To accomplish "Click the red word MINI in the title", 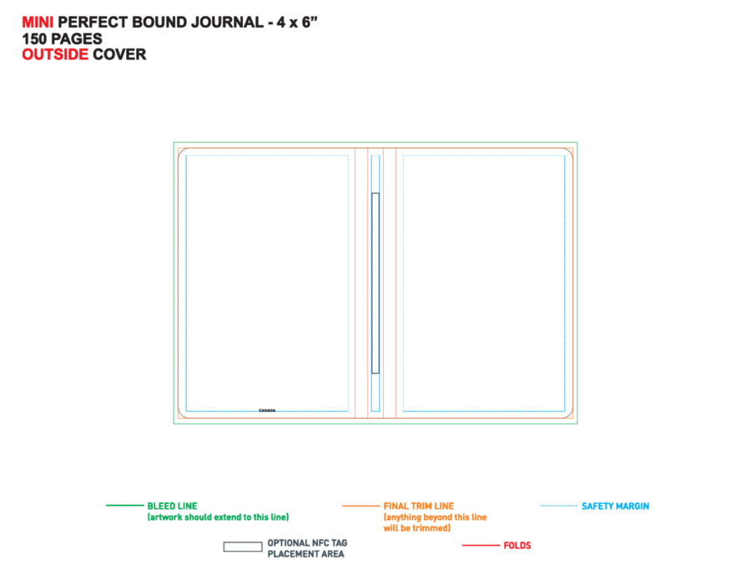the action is point(38,23).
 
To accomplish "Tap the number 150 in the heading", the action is point(34,38).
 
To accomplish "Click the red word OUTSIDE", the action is point(55,54).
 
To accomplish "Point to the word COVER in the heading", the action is point(119,54).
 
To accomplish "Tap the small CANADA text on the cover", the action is point(267,410).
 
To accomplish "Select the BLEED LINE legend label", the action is point(173,506).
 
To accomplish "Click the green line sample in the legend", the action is point(124,505).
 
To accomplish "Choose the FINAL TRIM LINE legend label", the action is point(419,506).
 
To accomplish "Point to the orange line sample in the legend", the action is point(360,505).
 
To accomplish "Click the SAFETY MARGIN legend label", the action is point(616,506).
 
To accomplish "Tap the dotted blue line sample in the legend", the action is point(558,505).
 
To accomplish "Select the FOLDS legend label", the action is point(517,545).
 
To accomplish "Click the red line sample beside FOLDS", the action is point(481,545).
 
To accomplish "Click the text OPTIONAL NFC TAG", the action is point(307,543).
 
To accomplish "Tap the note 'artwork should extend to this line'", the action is point(218,517).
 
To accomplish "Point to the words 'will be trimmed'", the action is point(416,528).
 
